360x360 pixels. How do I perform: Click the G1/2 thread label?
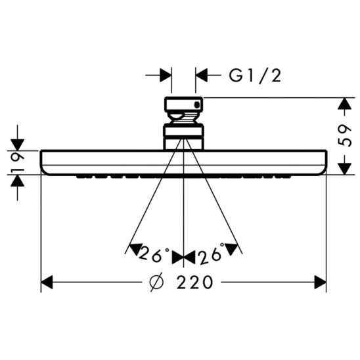tap(255, 76)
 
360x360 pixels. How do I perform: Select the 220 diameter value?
tap(195, 283)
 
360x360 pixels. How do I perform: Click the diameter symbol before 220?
tap(156, 283)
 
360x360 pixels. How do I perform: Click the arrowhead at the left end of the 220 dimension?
tap(47, 283)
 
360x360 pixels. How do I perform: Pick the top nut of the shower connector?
tap(183, 105)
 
